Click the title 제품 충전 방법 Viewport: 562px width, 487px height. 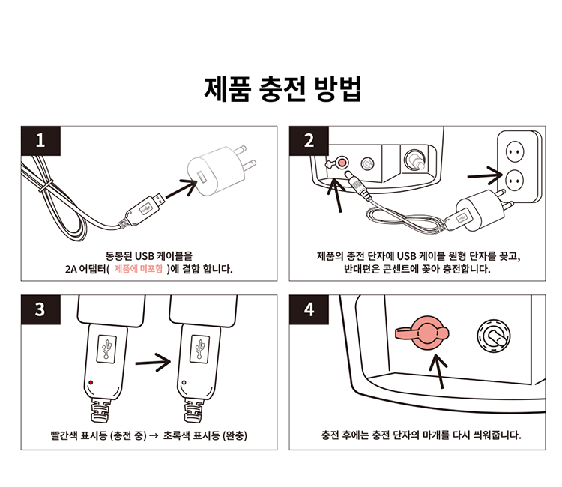tap(283, 88)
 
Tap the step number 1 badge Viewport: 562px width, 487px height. tap(40, 140)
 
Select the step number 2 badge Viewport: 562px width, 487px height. tap(309, 140)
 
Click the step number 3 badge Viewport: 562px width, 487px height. tap(40, 309)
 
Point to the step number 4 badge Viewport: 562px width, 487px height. tap(309, 309)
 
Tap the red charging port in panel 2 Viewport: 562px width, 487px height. tap(342, 162)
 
